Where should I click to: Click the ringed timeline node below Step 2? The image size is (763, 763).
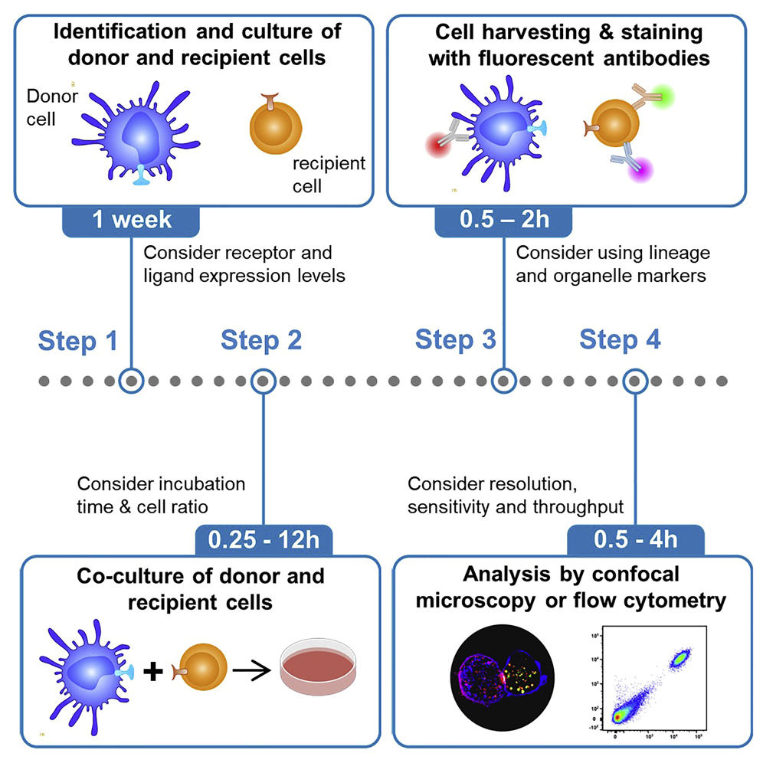(264, 380)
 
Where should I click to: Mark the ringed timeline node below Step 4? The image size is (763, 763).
(635, 380)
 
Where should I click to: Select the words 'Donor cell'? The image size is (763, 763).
(51, 108)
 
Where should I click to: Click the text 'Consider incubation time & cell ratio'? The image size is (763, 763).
(161, 495)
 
